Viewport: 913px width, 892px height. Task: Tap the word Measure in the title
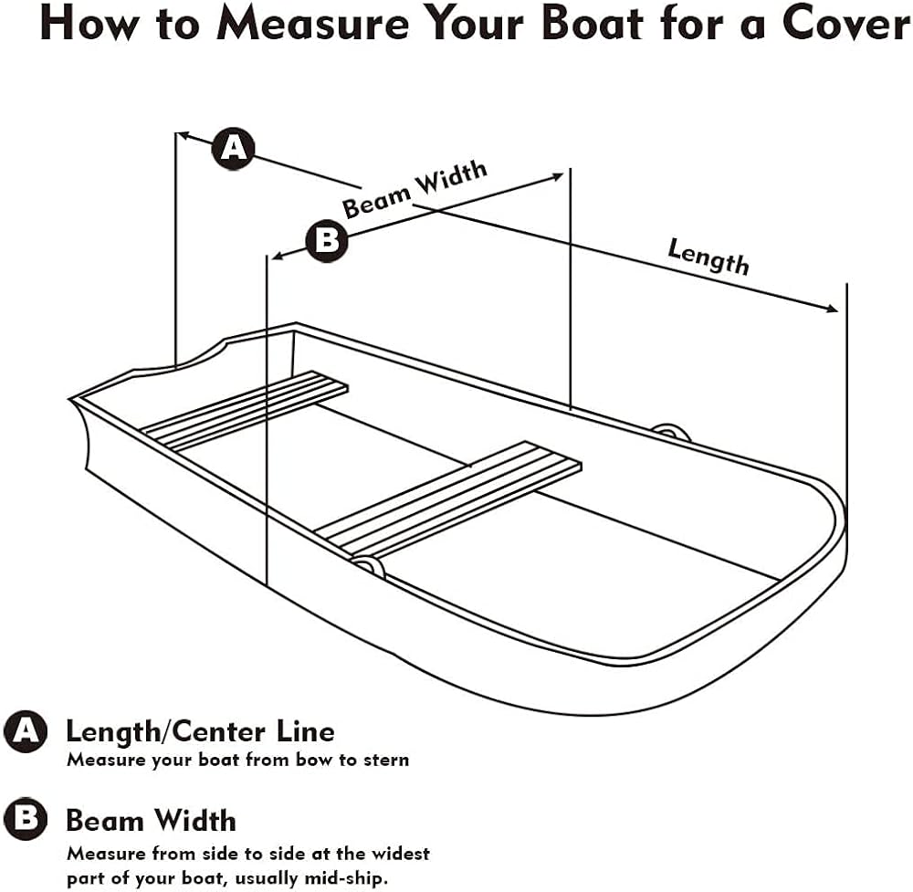(312, 24)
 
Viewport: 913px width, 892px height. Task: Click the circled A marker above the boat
(233, 149)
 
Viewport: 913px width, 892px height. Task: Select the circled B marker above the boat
(327, 240)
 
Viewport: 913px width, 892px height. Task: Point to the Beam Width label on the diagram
(414, 189)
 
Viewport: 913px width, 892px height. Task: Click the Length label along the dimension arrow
(708, 257)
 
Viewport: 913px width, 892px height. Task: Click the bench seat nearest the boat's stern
(245, 411)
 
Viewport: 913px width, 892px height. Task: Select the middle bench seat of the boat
(448, 499)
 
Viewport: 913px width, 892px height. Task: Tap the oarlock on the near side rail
(368, 567)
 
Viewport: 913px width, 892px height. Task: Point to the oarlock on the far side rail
(671, 433)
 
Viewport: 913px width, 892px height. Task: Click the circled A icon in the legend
(25, 730)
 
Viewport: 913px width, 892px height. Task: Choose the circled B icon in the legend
(25, 819)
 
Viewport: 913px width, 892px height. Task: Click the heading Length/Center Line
(200, 732)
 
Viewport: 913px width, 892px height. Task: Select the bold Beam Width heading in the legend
(152, 821)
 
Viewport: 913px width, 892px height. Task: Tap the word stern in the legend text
(386, 760)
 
